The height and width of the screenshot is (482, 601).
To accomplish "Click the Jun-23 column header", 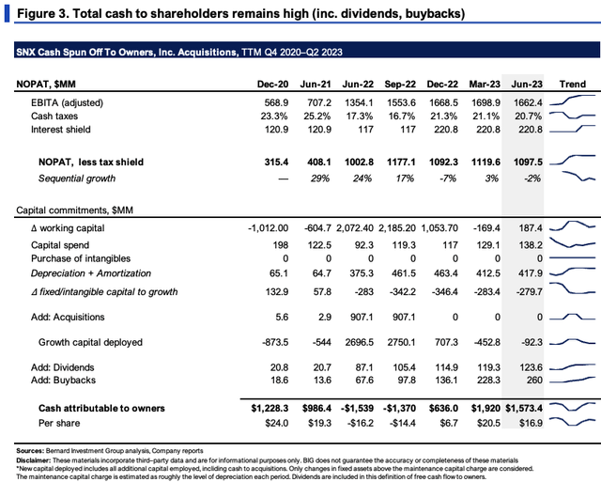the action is click(527, 84).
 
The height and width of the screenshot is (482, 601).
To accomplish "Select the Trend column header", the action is click(572, 84).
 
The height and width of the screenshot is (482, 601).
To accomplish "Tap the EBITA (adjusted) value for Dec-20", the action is click(276, 102).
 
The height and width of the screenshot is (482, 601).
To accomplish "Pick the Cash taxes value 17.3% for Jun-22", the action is click(359, 116).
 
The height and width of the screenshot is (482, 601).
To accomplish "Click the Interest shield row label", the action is click(60, 130).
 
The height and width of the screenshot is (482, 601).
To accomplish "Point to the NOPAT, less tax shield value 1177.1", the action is click(401, 162).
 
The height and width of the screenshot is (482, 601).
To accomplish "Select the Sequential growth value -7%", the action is click(447, 179).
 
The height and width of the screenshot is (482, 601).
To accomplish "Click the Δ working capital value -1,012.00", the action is click(268, 228).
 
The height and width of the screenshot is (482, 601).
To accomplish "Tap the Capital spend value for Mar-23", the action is click(488, 245).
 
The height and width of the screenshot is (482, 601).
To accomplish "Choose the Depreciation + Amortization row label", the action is click(91, 273).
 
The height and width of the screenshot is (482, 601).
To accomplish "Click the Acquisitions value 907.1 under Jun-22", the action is click(362, 318).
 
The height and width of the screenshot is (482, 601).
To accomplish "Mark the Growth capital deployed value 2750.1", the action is click(401, 342).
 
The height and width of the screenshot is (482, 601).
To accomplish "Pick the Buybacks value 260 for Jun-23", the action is click(534, 380).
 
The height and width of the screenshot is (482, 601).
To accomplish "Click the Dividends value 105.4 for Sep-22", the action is click(404, 367).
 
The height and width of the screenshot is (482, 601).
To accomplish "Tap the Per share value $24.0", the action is click(277, 423).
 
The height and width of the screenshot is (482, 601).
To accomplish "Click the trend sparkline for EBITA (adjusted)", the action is click(572, 100).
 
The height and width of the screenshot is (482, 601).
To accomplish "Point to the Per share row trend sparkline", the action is click(572, 422).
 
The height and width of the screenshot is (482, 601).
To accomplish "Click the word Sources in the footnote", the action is click(30, 451).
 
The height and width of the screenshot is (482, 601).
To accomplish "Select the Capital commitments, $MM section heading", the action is click(74, 210).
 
